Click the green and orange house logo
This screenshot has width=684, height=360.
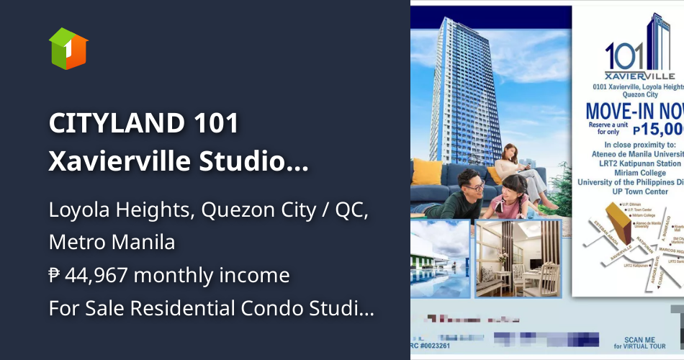[x=68, y=48]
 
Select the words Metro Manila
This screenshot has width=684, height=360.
[x=112, y=242]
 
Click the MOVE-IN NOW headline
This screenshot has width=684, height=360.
[x=634, y=112]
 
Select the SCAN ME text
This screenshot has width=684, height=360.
[x=640, y=338]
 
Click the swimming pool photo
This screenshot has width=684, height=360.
[x=440, y=269]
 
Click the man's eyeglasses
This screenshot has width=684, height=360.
[x=474, y=186]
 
